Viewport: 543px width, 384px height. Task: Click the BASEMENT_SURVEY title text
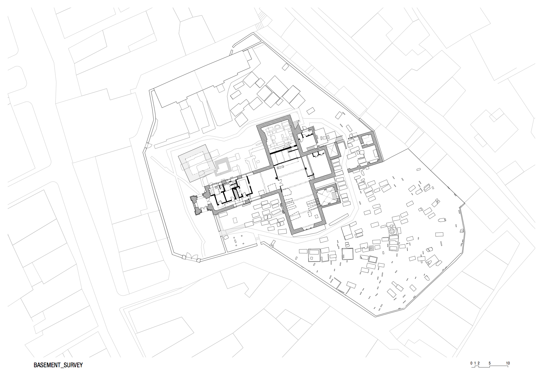tap(58, 365)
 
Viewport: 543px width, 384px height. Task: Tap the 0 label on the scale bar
tap(471, 363)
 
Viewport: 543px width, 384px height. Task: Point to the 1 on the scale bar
tap(475, 363)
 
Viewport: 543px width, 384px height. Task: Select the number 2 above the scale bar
tap(478, 363)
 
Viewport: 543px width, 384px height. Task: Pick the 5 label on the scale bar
tap(489, 363)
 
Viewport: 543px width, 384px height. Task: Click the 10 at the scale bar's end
tap(508, 363)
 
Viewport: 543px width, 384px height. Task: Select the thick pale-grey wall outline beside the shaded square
tap(223, 167)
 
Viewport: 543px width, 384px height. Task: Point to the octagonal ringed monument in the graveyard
tap(392, 231)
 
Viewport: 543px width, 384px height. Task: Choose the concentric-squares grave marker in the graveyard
tap(371, 248)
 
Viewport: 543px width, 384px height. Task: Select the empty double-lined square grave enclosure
tap(348, 254)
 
